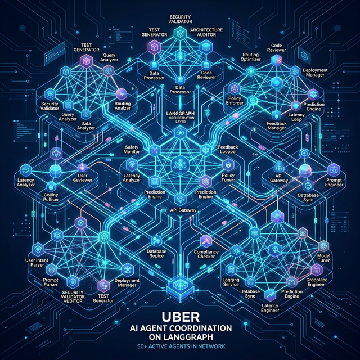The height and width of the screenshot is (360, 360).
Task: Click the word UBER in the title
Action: (x=180, y=317)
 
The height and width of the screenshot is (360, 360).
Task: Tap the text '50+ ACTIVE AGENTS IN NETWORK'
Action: (x=180, y=346)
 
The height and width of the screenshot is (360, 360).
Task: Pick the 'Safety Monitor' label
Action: (x=135, y=150)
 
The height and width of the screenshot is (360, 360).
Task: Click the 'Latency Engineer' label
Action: (x=269, y=307)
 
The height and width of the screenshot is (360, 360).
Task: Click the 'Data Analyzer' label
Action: (x=85, y=125)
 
